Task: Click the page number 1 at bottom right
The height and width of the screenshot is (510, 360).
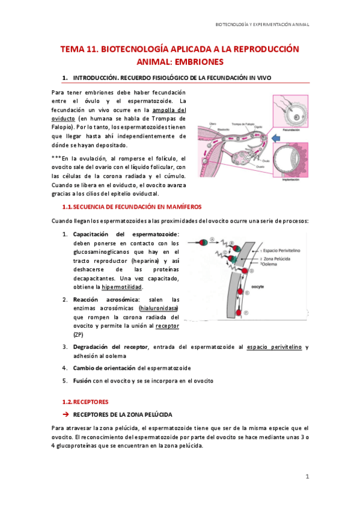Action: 307,476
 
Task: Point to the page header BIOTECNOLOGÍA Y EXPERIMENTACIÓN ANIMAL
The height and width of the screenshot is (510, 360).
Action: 262,25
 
